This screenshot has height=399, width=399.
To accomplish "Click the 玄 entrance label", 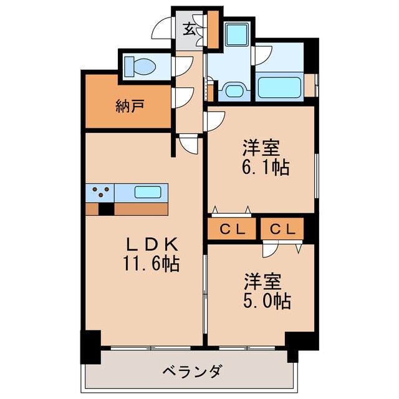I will point(188,27).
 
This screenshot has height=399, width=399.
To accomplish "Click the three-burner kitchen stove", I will point(100,192).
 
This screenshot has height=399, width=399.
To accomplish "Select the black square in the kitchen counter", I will point(107,209).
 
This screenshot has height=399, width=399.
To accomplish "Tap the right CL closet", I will point(282,229).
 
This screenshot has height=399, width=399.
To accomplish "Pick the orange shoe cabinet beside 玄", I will point(213,30).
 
